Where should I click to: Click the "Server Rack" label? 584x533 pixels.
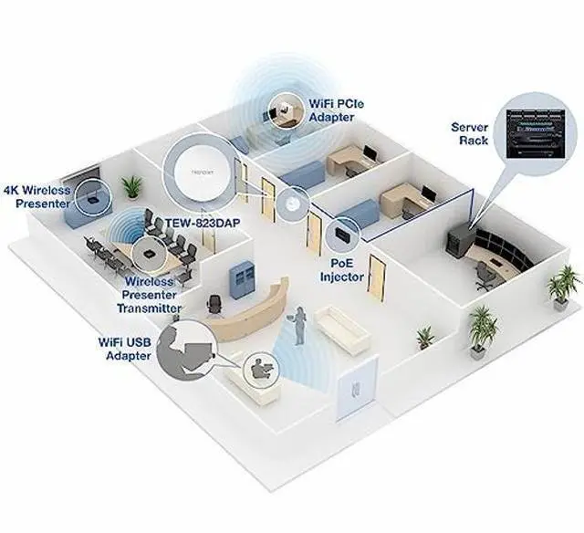click(470, 133)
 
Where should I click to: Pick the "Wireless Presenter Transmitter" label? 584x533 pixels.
click(151, 295)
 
